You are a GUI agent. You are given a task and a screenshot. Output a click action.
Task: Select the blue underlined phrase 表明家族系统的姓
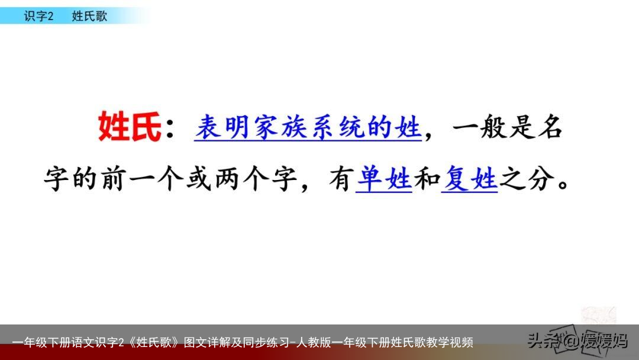(x=308, y=127)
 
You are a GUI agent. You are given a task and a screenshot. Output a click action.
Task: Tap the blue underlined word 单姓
(x=384, y=178)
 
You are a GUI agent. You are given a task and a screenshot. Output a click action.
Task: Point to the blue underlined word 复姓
(x=470, y=178)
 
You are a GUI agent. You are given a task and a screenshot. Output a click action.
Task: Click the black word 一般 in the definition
(x=480, y=127)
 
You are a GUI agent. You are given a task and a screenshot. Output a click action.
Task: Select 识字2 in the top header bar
(x=38, y=16)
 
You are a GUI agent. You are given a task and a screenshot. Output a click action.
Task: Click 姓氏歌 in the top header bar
(x=89, y=16)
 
